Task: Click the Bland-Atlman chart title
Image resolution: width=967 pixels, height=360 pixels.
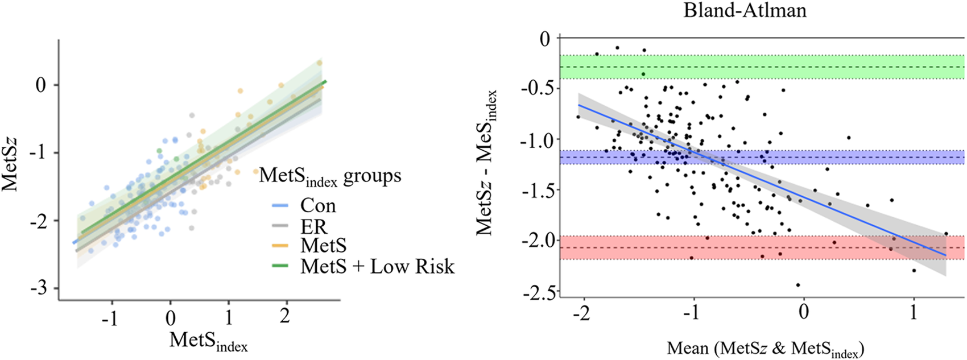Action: click(745, 10)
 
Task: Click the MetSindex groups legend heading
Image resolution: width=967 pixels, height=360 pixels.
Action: click(330, 176)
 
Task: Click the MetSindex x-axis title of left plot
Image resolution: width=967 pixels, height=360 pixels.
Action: click(208, 341)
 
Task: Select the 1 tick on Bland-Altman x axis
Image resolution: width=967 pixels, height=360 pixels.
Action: click(914, 313)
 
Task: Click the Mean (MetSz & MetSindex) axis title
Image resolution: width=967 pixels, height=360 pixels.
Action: click(765, 348)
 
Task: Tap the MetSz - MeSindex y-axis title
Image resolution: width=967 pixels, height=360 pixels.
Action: click(488, 162)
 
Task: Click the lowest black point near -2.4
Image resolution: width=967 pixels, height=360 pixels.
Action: click(798, 285)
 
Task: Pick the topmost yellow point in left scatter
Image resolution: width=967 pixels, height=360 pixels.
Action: click(319, 63)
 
